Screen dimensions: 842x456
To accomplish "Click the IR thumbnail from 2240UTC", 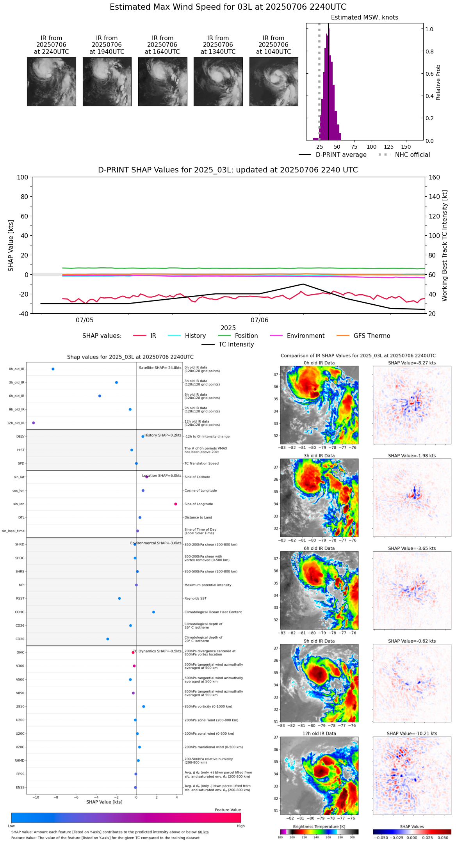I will click(51, 82).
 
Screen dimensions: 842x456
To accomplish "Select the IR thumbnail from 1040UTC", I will click(274, 82).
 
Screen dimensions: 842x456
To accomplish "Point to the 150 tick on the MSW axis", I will click(406, 147).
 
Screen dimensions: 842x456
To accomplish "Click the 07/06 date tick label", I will click(260, 320).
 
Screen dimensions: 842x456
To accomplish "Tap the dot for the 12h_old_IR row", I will click(34, 423).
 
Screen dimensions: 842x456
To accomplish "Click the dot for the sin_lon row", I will click(176, 504).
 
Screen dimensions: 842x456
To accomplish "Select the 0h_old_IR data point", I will click(53, 369).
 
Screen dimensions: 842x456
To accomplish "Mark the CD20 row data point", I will click(108, 639).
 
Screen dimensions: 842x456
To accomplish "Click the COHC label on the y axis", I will click(20, 612).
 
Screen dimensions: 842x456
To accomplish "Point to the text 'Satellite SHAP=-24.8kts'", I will click(160, 368).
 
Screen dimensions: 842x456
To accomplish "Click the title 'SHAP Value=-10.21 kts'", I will click(412, 734).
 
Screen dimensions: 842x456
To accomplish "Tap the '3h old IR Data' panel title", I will click(319, 456).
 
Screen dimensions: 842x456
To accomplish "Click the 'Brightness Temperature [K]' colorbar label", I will click(319, 827).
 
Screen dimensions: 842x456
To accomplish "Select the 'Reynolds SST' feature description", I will click(195, 599).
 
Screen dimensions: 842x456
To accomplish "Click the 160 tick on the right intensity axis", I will click(434, 178).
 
